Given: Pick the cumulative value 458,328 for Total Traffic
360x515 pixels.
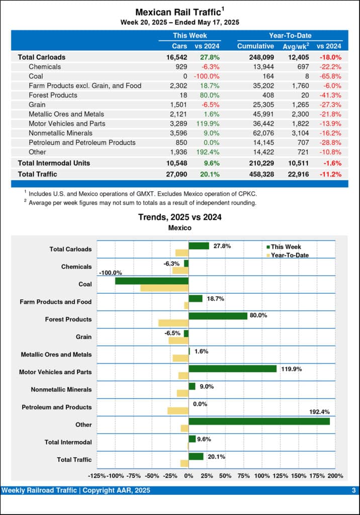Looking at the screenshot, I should coord(260,174).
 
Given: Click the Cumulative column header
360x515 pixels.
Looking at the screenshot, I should coord(255,46).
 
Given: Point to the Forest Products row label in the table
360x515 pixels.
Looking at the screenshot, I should coord(53,95).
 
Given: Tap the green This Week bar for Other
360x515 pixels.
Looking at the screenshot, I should coord(259,421).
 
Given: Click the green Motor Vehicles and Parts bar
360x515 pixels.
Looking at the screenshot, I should coord(232,369).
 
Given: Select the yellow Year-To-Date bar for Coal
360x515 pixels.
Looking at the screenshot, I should coord(164,288).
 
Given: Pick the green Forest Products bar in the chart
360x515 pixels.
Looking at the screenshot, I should coord(218,316).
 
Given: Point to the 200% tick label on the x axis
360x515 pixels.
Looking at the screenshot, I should coord(335,476).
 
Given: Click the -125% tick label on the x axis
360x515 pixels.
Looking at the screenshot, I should coord(97,476).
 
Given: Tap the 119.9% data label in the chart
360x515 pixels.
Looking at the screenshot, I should coord(291,369).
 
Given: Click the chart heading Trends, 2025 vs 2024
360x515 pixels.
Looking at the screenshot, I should coord(179,217).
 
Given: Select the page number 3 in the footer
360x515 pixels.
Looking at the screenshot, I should coord(353,490).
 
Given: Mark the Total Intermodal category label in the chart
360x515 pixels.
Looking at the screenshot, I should coord(68,442).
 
